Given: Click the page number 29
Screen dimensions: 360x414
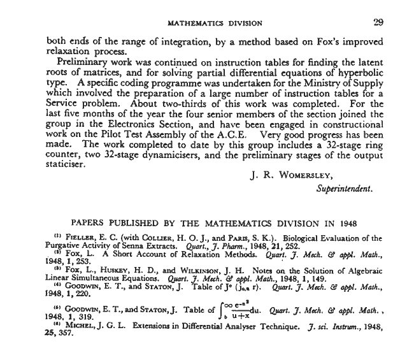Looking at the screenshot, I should [x=378, y=22].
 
